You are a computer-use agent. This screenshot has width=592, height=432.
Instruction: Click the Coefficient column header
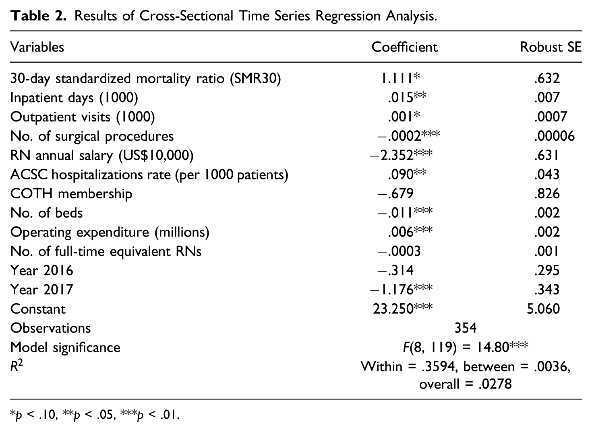[x=404, y=47]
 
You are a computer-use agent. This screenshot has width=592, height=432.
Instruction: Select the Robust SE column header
[x=551, y=47]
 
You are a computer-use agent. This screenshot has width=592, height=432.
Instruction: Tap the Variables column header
[x=37, y=47]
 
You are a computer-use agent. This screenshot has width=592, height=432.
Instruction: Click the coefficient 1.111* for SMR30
[x=400, y=78]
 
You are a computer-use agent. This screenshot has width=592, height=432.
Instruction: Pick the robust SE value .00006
[x=554, y=136]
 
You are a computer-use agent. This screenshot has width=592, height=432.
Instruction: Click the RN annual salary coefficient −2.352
[x=401, y=155]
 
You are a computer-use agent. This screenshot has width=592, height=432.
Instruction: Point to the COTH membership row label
[x=71, y=194]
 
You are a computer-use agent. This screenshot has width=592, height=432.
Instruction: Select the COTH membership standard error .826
[x=546, y=194]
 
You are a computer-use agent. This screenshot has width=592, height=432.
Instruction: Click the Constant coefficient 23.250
[x=403, y=309]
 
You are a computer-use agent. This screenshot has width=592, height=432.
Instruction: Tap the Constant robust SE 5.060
[x=543, y=309]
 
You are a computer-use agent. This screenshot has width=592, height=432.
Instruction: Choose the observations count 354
[x=466, y=328]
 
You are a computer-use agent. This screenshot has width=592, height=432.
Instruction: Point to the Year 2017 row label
[x=41, y=290]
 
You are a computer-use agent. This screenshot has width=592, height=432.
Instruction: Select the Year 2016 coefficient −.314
[x=395, y=270]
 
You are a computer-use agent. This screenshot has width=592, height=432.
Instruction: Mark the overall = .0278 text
[x=466, y=384]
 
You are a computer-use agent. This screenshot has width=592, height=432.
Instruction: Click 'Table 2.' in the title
[x=38, y=16]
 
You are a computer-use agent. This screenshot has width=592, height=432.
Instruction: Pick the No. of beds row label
[x=46, y=213]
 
